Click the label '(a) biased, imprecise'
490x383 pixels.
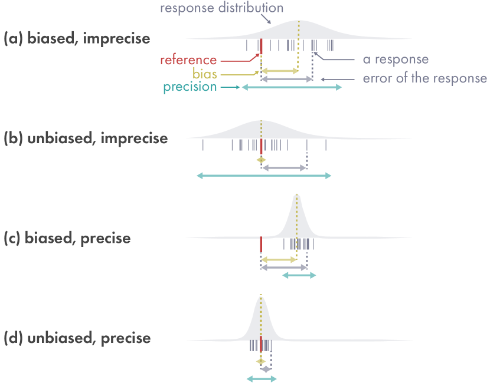[77, 39]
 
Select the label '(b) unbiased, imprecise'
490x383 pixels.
[86, 139]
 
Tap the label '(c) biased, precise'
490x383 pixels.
[67, 239]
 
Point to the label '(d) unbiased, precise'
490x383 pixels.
[77, 339]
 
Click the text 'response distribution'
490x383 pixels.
[221, 8]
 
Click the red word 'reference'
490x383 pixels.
[188, 60]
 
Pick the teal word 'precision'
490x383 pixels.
[190, 87]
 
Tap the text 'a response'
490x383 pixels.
[396, 60]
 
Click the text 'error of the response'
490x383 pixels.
[425, 78]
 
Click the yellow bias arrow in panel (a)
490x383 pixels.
[280, 71]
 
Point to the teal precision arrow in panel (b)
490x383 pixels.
[264, 176]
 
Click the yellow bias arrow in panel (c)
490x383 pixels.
[279, 259]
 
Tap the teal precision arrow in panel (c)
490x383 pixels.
[299, 275]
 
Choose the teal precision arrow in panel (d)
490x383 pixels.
[261, 378]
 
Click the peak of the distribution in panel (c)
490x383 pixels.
[297, 196]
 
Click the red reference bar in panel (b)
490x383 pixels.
[261, 146]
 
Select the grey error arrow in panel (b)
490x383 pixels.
[284, 168]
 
